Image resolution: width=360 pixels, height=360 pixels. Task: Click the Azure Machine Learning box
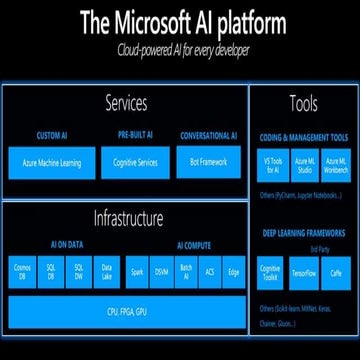52,162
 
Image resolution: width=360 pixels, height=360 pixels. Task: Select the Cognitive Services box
135,162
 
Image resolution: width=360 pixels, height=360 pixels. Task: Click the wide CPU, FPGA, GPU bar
128,311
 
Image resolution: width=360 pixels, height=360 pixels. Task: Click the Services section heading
127,103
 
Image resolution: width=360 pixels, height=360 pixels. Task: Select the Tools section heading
303,103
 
